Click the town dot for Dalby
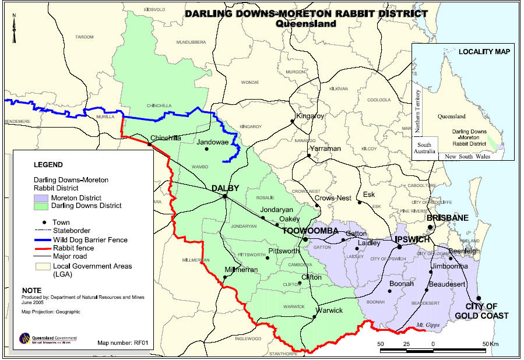pos(224,196)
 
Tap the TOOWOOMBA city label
pos(311,231)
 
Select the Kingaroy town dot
pos(293,122)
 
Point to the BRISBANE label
pos(448,218)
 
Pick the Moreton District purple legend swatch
pos(41,198)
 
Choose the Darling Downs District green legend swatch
pos(41,206)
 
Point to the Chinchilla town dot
pos(149,144)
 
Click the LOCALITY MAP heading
pos(484,52)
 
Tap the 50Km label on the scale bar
pos(489,344)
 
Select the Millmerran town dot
pos(225,277)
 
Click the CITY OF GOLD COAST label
pos(486,311)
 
